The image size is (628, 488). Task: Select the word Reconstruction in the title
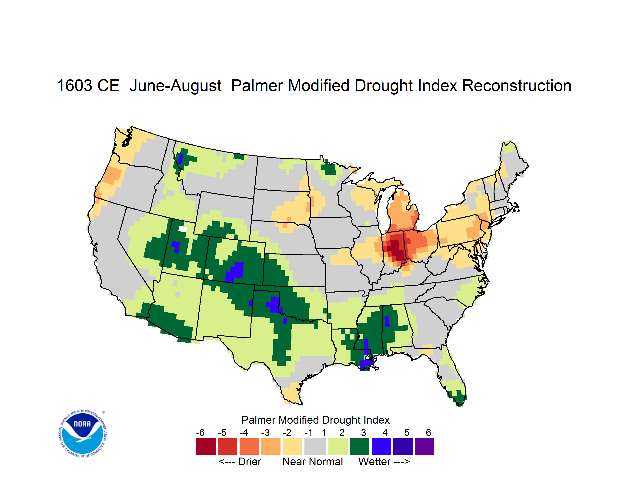[x=517, y=86]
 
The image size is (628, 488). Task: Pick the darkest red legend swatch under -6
[x=206, y=446]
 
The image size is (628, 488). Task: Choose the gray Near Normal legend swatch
[x=315, y=446]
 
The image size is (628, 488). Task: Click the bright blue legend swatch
[x=381, y=446]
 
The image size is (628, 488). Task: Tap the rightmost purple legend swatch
[x=424, y=446]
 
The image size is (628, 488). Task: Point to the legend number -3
[x=265, y=432]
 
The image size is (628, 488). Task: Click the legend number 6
[x=428, y=432]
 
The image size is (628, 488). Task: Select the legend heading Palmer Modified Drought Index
[x=315, y=420]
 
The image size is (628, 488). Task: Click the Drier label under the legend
[x=250, y=462]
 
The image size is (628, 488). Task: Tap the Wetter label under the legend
[x=374, y=462]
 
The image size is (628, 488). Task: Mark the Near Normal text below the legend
[x=313, y=462]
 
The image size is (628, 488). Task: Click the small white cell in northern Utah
[x=183, y=229]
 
